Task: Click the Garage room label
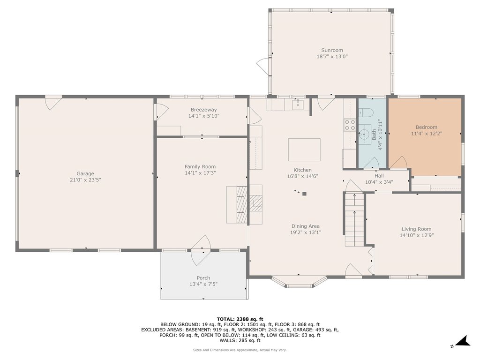(85, 173)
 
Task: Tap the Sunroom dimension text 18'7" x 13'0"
(332, 56)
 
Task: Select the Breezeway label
(203, 110)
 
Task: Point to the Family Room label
(200, 166)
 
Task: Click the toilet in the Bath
(366, 112)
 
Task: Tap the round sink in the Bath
(365, 134)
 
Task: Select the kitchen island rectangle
(304, 150)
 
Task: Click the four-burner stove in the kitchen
(350, 125)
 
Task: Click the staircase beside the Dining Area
(354, 219)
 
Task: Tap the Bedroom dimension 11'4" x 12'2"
(427, 134)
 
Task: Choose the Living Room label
(417, 229)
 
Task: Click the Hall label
(379, 176)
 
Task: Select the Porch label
(203, 278)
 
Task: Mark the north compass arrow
(464, 341)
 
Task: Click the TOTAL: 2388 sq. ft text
(240, 319)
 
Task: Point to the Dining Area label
(306, 226)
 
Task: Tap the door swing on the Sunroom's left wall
(262, 66)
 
